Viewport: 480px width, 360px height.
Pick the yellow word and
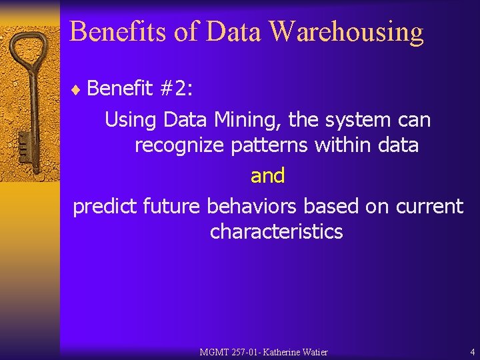(267, 176)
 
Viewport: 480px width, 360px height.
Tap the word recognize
(179, 145)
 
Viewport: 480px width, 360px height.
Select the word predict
(105, 207)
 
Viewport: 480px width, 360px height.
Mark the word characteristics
(276, 232)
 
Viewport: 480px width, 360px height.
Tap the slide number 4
(472, 352)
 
